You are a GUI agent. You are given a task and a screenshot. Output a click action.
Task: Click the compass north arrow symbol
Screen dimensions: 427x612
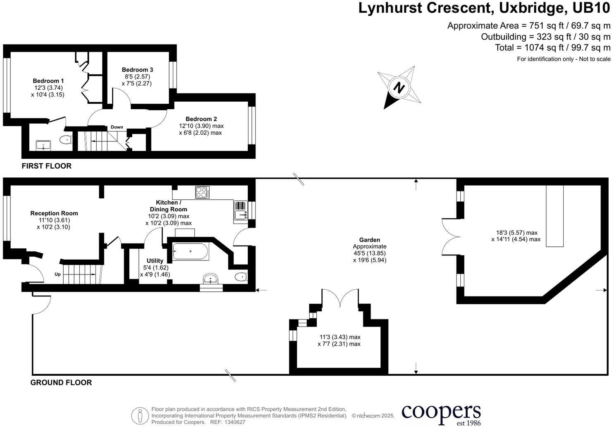tap(399, 88)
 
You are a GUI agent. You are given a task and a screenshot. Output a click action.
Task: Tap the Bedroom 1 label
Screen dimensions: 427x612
tap(48, 81)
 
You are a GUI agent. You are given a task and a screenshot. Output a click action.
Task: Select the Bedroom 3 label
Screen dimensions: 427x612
tap(137, 70)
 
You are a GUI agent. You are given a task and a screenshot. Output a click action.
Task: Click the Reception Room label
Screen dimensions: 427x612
tap(54, 213)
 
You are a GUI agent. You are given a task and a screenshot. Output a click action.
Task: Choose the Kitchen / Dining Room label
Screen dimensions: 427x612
tap(168, 206)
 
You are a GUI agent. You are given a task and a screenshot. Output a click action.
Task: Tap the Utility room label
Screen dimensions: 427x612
tap(155, 261)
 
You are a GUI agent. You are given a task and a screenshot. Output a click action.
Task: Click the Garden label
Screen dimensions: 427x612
tap(369, 240)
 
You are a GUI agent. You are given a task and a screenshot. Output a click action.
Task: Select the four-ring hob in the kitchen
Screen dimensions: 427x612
tap(202, 192)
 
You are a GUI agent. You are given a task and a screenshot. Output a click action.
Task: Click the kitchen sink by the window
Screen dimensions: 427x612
tap(240, 215)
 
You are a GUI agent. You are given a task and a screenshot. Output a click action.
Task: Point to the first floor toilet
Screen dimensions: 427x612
tap(65, 140)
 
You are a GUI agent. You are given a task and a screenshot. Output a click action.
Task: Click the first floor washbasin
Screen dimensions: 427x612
tap(43, 145)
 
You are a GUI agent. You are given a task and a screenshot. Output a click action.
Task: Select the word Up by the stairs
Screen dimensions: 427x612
tap(58, 274)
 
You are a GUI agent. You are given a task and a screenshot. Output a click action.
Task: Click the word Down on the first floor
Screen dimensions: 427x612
tap(117, 127)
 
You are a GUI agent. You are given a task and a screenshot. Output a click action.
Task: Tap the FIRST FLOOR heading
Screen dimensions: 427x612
tap(47, 166)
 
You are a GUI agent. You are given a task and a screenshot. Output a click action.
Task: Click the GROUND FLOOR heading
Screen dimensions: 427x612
tap(61, 383)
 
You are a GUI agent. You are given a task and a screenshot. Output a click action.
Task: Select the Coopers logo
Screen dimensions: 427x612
tap(441, 413)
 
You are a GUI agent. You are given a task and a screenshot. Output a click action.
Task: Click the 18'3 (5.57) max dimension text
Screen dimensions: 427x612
tap(517, 233)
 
